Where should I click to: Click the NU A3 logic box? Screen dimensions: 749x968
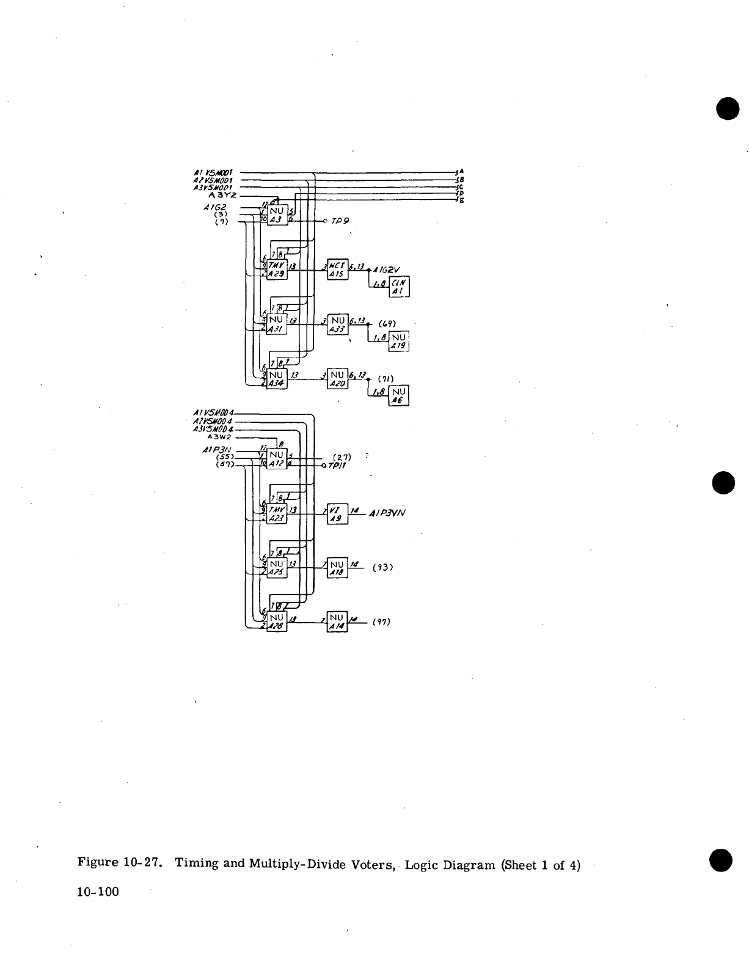click(x=277, y=215)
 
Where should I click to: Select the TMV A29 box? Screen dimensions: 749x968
click(x=277, y=269)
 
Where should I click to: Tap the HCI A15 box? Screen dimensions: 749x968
click(x=338, y=269)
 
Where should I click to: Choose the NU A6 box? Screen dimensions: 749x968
click(x=400, y=395)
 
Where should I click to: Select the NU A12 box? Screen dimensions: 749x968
click(x=277, y=460)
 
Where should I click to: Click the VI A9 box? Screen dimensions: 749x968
click(x=338, y=514)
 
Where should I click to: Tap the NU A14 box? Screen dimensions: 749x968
click(x=338, y=621)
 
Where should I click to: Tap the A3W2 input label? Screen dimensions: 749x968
click(x=219, y=437)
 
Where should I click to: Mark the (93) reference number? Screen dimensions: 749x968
click(x=382, y=568)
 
